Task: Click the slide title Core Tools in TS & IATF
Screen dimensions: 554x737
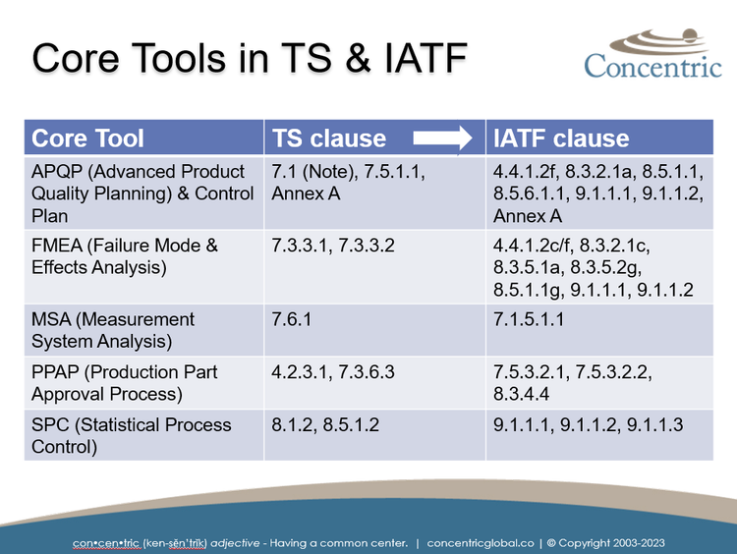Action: [249, 58]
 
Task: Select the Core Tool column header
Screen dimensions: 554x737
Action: [88, 138]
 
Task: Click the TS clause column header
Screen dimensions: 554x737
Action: [329, 138]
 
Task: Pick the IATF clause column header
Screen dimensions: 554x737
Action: [561, 138]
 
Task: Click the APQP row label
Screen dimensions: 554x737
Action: [142, 194]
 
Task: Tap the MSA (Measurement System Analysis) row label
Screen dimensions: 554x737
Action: [113, 330]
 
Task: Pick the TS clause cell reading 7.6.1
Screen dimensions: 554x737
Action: [292, 320]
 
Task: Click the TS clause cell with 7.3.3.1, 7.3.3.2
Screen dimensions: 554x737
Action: [333, 246]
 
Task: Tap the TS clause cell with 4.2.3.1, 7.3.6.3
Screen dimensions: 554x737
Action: [333, 373]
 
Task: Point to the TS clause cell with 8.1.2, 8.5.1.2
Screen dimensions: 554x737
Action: [325, 425]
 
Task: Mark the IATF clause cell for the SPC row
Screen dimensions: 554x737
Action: [588, 425]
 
